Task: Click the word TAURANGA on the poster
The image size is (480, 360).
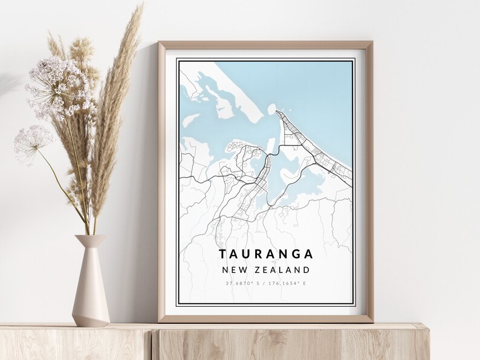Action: tap(266, 254)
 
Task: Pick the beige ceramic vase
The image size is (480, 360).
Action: tap(91, 284)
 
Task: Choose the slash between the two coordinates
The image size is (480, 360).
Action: tap(267, 283)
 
